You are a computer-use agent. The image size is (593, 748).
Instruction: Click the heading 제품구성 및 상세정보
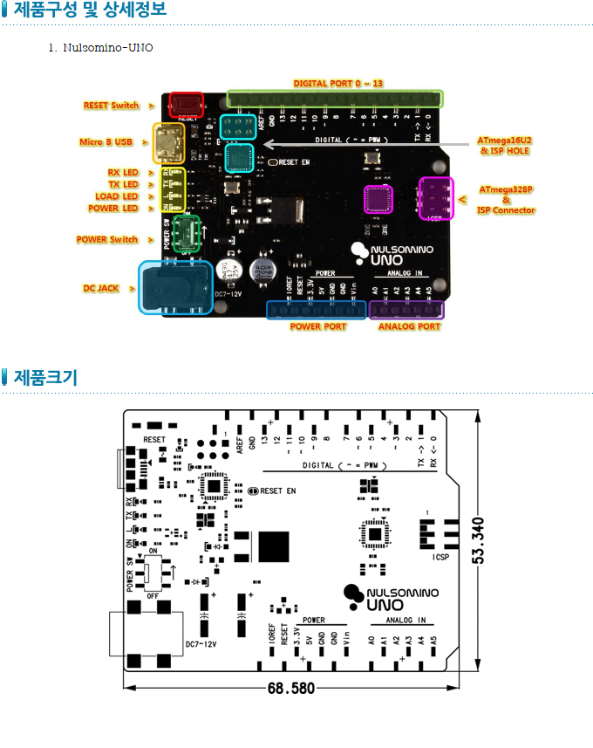[90, 10]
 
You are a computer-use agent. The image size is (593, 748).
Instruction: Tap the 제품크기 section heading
[45, 378]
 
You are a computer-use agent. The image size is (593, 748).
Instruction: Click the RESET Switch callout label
[111, 106]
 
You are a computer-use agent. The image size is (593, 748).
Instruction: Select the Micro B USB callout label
[106, 141]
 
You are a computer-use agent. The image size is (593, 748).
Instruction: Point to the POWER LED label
[113, 209]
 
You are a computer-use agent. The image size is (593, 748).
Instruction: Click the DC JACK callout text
[101, 288]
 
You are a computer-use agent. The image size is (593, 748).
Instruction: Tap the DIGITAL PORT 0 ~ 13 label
[338, 84]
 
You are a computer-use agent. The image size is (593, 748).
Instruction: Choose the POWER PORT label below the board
[318, 326]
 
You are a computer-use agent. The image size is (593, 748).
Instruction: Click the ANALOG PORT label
[409, 326]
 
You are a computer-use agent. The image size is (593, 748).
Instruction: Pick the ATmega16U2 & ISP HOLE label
[505, 145]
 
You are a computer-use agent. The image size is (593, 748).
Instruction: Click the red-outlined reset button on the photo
[186, 105]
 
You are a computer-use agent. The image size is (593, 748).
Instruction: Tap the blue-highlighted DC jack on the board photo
[175, 286]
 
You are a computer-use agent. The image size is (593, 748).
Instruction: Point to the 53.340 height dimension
[478, 539]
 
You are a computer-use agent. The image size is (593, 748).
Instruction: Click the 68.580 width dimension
[290, 688]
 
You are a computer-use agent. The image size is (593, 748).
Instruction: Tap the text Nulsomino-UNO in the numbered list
[107, 47]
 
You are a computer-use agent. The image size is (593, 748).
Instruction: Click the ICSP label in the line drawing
[441, 556]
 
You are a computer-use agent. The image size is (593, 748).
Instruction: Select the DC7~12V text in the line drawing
[201, 644]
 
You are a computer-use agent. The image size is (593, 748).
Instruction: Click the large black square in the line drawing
[273, 546]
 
